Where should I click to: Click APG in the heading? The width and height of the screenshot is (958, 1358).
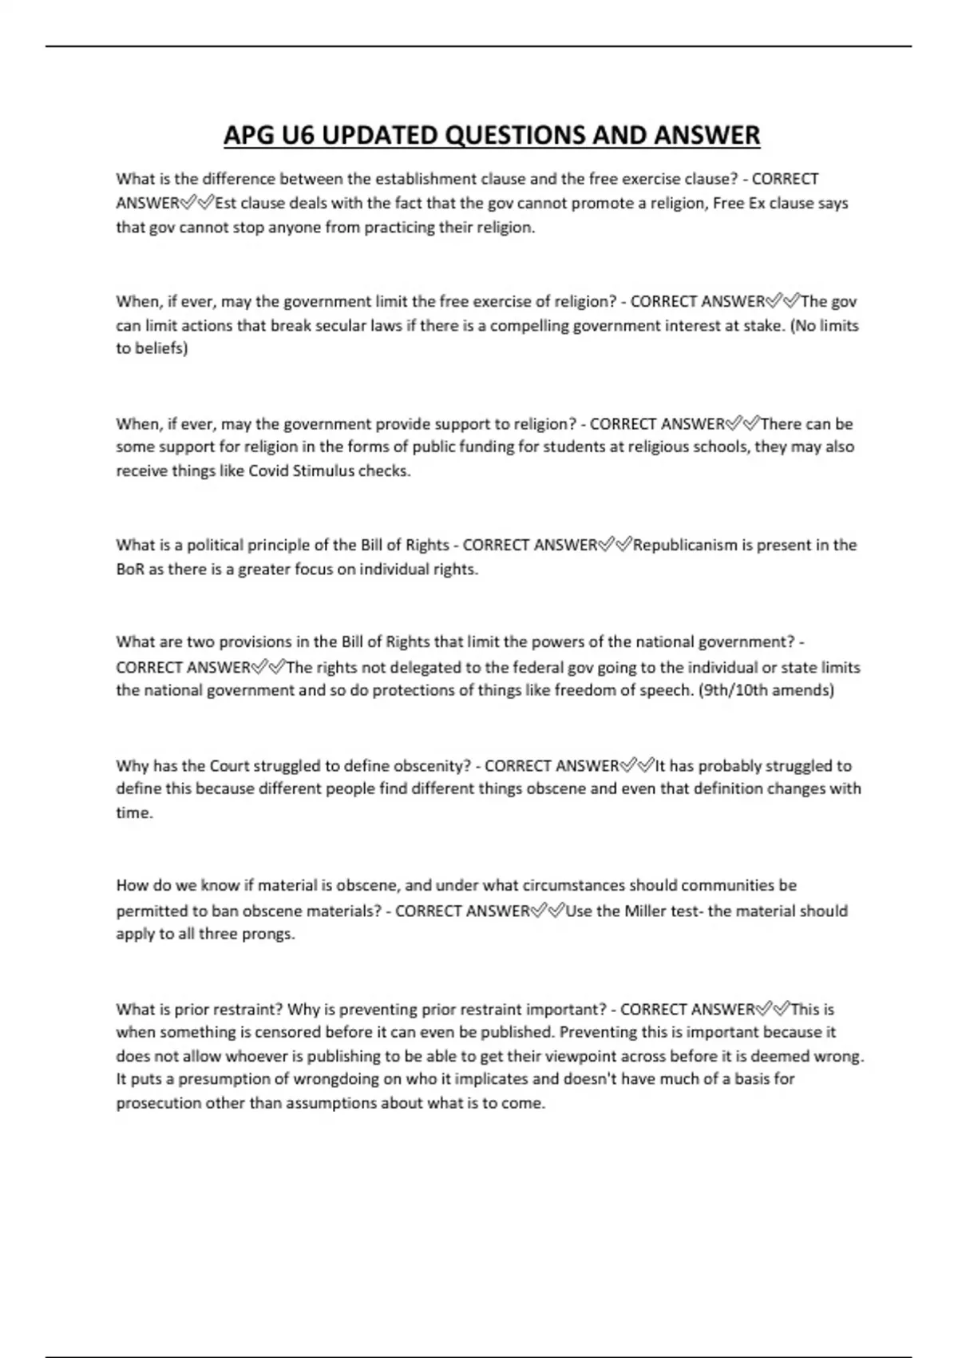pos(248,135)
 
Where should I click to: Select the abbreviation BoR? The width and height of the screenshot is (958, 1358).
pos(130,570)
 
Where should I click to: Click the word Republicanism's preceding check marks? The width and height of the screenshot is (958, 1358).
pos(616,545)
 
